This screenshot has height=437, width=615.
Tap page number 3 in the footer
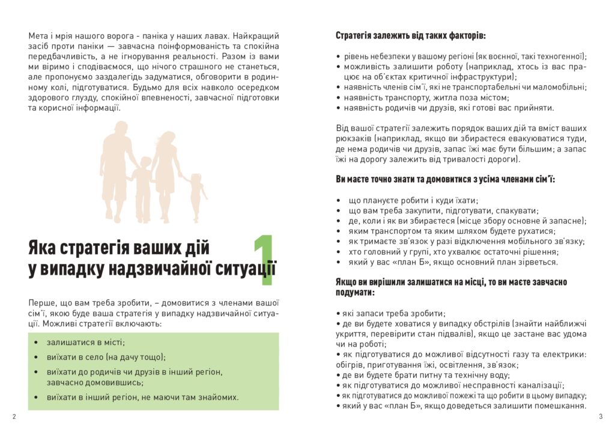point(600,417)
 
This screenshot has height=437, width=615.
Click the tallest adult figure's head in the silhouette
point(121,129)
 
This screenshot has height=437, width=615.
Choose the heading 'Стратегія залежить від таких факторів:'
point(410,35)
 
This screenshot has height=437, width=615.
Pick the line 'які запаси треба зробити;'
point(393,313)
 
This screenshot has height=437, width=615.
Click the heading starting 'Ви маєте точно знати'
point(445,180)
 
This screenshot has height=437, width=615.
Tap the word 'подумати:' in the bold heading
point(355,293)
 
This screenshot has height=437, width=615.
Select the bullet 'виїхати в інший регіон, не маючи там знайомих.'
point(142,397)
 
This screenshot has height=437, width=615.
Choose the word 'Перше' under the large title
point(40,302)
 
